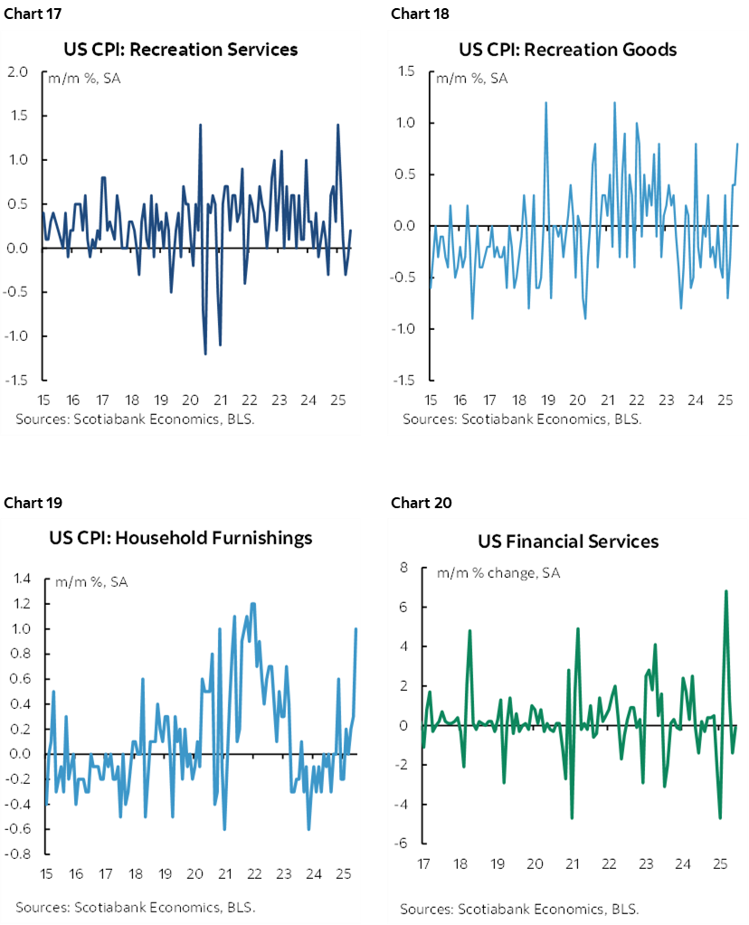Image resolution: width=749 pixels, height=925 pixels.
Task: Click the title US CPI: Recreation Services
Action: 180,49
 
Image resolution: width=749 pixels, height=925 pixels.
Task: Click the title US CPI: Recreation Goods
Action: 567,49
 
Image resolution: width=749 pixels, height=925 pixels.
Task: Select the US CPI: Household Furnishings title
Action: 180,538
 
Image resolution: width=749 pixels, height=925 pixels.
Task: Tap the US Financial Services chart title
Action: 568,542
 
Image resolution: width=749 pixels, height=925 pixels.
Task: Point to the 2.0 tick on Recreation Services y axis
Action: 18,72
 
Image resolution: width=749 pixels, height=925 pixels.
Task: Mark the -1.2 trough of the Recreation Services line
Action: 205,354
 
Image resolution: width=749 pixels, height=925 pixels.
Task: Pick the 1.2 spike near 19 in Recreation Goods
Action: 546,102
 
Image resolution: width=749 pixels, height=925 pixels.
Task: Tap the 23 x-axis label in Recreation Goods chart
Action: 666,400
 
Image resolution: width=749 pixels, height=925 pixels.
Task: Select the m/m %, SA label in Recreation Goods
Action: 471,79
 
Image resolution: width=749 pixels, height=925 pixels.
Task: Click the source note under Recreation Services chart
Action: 136,419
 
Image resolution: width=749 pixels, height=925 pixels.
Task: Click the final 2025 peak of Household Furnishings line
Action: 356,628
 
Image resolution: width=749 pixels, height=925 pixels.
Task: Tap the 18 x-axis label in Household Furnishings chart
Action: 136,873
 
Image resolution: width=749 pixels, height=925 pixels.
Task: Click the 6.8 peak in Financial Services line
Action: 725,591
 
